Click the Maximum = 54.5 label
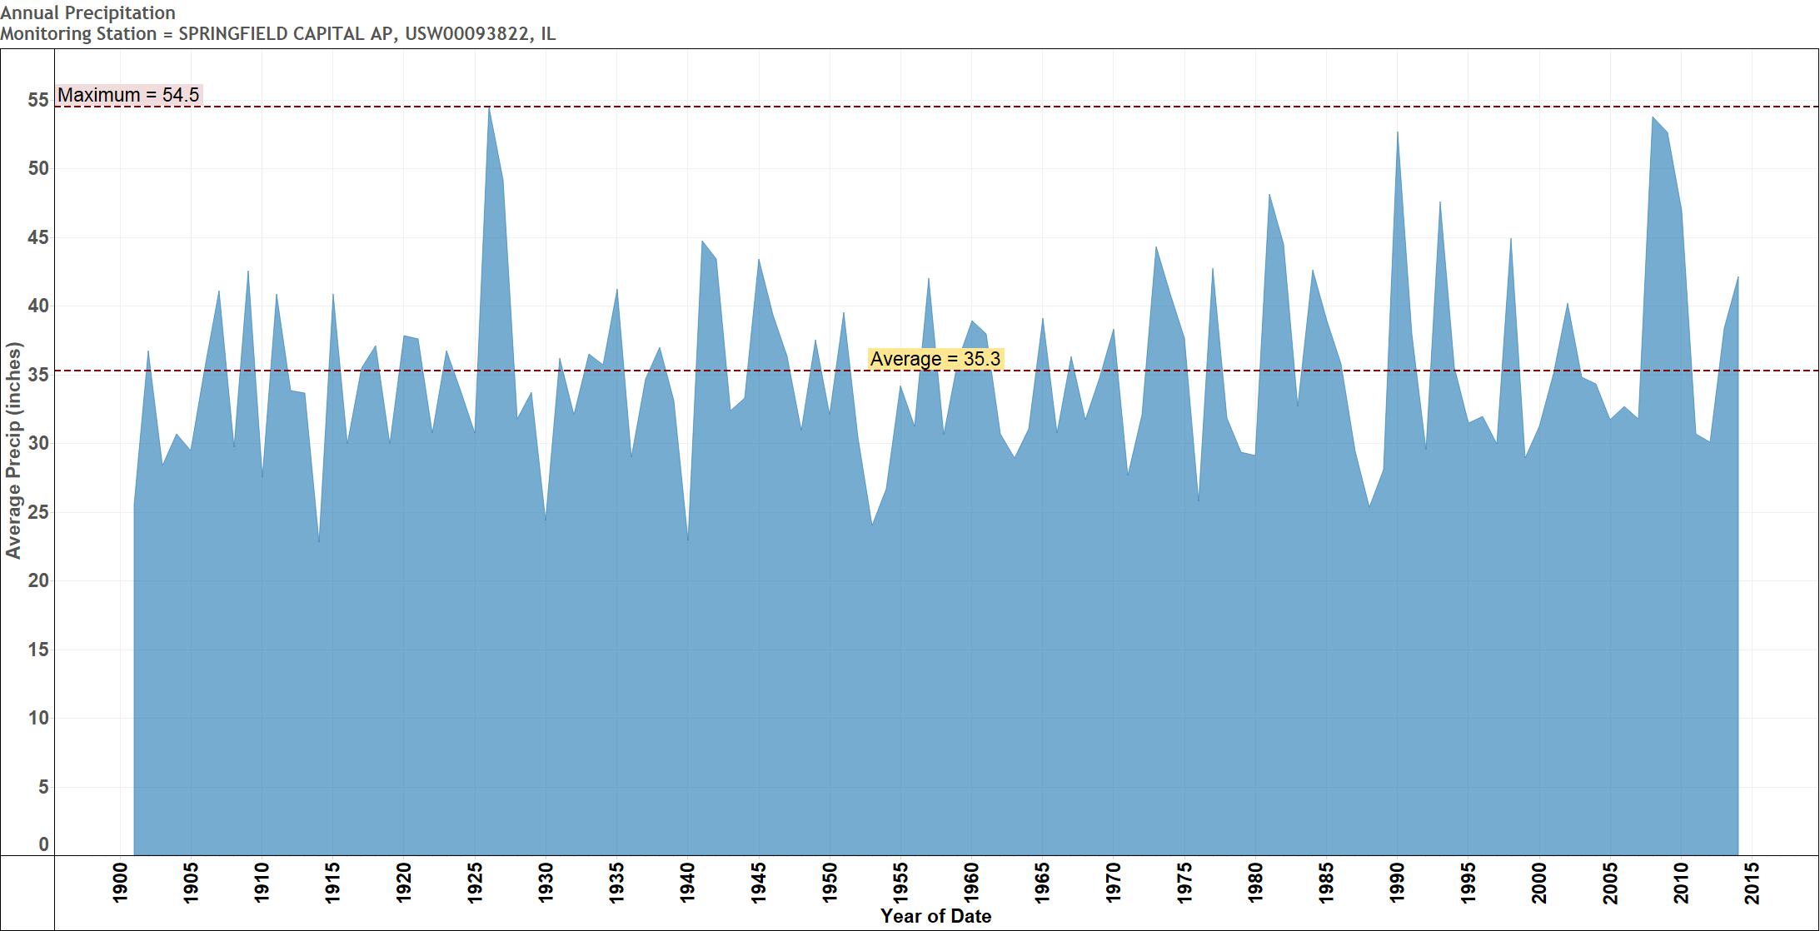[x=128, y=95]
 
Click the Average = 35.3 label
[x=935, y=359]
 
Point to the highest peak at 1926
[x=489, y=108]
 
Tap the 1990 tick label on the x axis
[x=1398, y=883]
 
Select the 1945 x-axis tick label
[x=760, y=883]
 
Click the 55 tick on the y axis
[x=38, y=100]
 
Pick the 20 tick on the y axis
[x=38, y=580]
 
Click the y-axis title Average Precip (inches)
[x=13, y=450]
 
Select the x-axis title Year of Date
[x=935, y=917]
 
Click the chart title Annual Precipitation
[x=87, y=12]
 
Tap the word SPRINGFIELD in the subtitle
[x=229, y=34]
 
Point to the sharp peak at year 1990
[x=1398, y=132]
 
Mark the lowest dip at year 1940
[x=688, y=540]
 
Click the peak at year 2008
[x=1653, y=117]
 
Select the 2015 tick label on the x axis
[x=1753, y=883]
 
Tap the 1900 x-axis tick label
[x=121, y=883]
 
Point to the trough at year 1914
[x=319, y=541]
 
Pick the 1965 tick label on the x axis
[x=1043, y=883]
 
